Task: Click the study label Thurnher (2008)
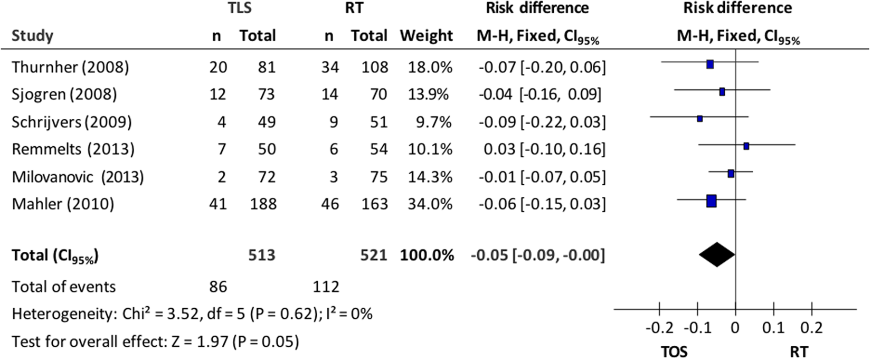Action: (70, 67)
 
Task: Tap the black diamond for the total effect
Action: (716, 255)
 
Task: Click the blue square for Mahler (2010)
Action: (711, 201)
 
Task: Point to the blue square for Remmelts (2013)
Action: (746, 146)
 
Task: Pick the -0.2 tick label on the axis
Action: (659, 328)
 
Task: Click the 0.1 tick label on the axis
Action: (773, 328)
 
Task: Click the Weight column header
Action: (426, 36)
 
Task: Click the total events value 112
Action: (326, 287)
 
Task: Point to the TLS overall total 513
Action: (262, 255)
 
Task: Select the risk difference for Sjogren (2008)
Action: (539, 94)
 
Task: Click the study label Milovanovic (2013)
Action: (78, 176)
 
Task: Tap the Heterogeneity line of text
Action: (192, 314)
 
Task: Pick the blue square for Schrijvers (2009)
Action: (699, 119)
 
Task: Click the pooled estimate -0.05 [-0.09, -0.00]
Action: (537, 255)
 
